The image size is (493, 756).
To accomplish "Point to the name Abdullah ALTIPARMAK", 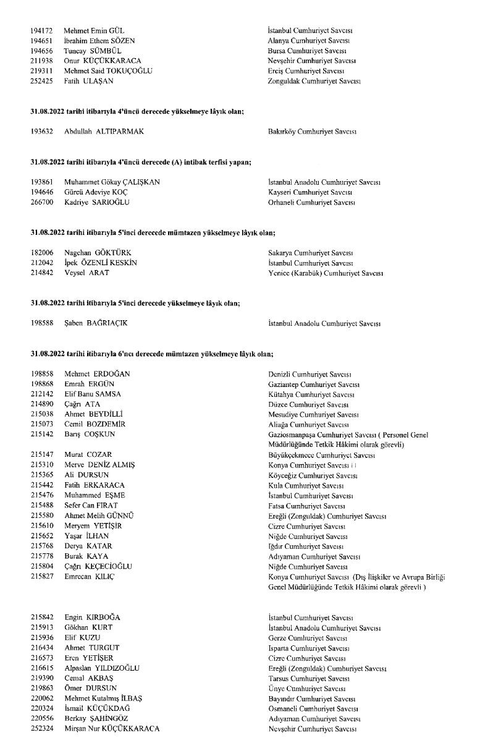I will coord(104,132).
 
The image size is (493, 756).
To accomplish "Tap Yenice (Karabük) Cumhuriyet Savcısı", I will coord(326,273).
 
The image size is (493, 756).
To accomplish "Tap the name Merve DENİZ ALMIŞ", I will coord(99,465).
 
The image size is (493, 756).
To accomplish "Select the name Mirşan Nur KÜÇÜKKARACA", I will coord(111,729).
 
